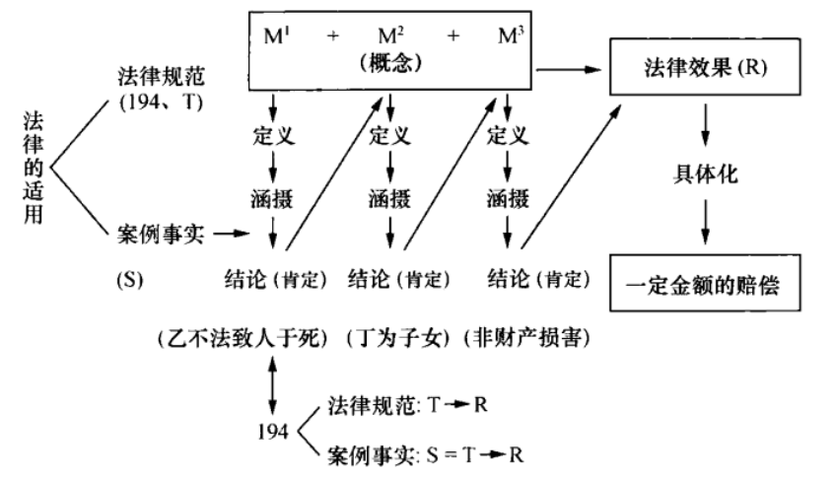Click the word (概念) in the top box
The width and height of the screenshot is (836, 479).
[391, 61]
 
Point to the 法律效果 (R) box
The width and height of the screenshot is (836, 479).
[703, 68]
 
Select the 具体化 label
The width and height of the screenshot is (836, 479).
[702, 175]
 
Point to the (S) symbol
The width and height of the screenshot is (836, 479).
[130, 279]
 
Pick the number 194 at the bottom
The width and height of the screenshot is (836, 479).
[272, 431]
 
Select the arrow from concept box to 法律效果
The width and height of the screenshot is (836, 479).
[573, 70]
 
